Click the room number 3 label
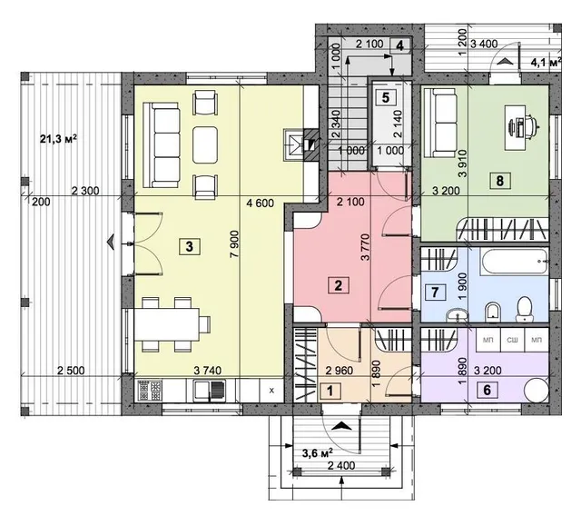click(190, 246)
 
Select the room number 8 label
click(500, 181)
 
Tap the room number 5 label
click(386, 98)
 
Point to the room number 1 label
click(330, 391)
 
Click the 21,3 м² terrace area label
click(58, 139)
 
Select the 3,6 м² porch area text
click(317, 452)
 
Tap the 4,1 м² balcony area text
click(546, 62)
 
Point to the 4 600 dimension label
click(261, 203)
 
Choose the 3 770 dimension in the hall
click(366, 247)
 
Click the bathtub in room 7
click(514, 262)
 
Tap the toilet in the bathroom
click(524, 308)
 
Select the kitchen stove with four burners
click(150, 391)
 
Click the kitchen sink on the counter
click(210, 391)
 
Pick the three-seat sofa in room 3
click(162, 145)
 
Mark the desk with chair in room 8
click(521, 123)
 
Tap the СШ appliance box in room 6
click(512, 340)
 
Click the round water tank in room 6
click(537, 390)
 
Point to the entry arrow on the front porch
click(341, 426)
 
